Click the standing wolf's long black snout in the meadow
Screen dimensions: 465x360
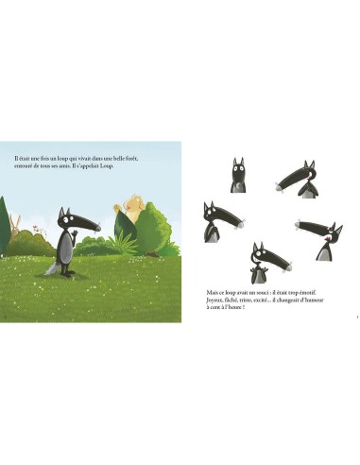[79, 226]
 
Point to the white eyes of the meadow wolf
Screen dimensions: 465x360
[65, 220]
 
